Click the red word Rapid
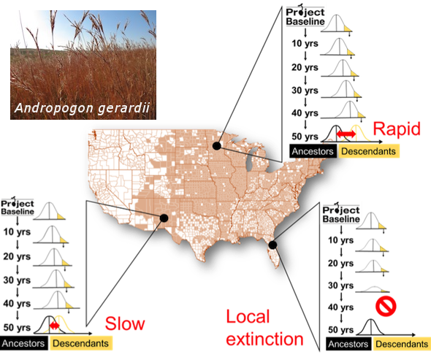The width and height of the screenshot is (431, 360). pyautogui.click(x=397, y=129)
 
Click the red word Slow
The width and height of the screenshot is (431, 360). pyautogui.click(x=125, y=323)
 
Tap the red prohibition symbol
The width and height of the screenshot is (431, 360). pyautogui.click(x=386, y=306)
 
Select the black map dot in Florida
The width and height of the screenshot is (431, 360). pyautogui.click(x=272, y=245)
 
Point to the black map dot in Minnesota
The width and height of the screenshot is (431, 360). pyautogui.click(x=217, y=145)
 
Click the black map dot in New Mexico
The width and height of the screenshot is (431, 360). pyautogui.click(x=164, y=218)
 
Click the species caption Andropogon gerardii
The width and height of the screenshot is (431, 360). pyautogui.click(x=82, y=108)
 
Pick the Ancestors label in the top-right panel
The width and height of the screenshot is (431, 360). pyautogui.click(x=313, y=151)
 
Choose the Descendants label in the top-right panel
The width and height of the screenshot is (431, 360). pyautogui.click(x=369, y=151)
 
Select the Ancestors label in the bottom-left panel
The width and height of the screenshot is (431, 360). pyautogui.click(x=23, y=343)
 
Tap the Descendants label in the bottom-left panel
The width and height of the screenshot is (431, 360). pyautogui.click(x=81, y=343)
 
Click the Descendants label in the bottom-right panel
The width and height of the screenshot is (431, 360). pyautogui.click(x=402, y=344)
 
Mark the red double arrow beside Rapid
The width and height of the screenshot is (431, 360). pyautogui.click(x=346, y=134)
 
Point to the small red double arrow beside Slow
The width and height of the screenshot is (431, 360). pyautogui.click(x=55, y=326)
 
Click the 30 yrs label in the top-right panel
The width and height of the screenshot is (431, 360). pyautogui.click(x=305, y=91)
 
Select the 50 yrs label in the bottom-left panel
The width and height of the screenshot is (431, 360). pyautogui.click(x=17, y=328)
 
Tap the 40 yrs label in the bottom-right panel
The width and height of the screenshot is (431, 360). pyautogui.click(x=340, y=307)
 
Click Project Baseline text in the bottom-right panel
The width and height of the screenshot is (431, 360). pyautogui.click(x=341, y=215)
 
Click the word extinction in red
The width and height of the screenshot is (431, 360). pyautogui.click(x=264, y=339)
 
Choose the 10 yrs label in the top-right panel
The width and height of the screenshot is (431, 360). pyautogui.click(x=305, y=43)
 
